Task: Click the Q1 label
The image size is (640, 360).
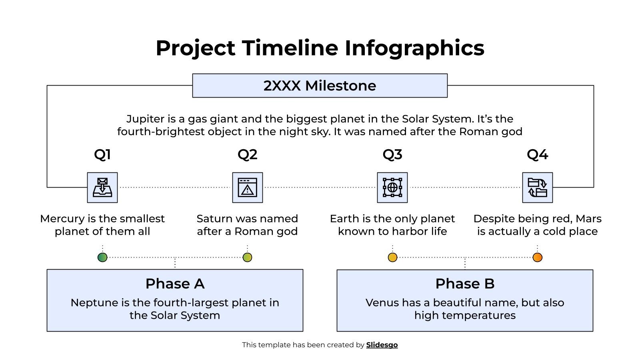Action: pyautogui.click(x=102, y=154)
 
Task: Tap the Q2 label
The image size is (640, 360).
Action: pyautogui.click(x=247, y=154)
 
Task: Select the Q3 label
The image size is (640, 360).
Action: pyautogui.click(x=392, y=154)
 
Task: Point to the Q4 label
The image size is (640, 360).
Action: pyautogui.click(x=537, y=154)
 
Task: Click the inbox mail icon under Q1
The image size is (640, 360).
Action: pyautogui.click(x=102, y=188)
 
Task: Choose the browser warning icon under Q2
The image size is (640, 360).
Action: pyautogui.click(x=248, y=188)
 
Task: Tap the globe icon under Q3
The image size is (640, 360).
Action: pyautogui.click(x=392, y=188)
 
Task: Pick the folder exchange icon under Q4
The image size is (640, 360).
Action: pyautogui.click(x=537, y=188)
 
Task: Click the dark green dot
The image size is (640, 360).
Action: pyautogui.click(x=102, y=257)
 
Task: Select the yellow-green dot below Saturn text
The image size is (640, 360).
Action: pyautogui.click(x=248, y=257)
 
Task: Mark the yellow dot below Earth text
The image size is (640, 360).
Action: pyautogui.click(x=393, y=257)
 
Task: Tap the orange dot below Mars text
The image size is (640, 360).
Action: pyautogui.click(x=538, y=257)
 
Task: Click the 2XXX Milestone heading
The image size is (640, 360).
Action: pyautogui.click(x=320, y=86)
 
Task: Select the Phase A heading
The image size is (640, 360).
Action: pyautogui.click(x=175, y=284)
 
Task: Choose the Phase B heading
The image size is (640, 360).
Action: pyautogui.click(x=465, y=284)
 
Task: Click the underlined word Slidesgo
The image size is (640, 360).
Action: pyautogui.click(x=382, y=345)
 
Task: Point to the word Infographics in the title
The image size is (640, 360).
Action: pyautogui.click(x=414, y=48)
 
